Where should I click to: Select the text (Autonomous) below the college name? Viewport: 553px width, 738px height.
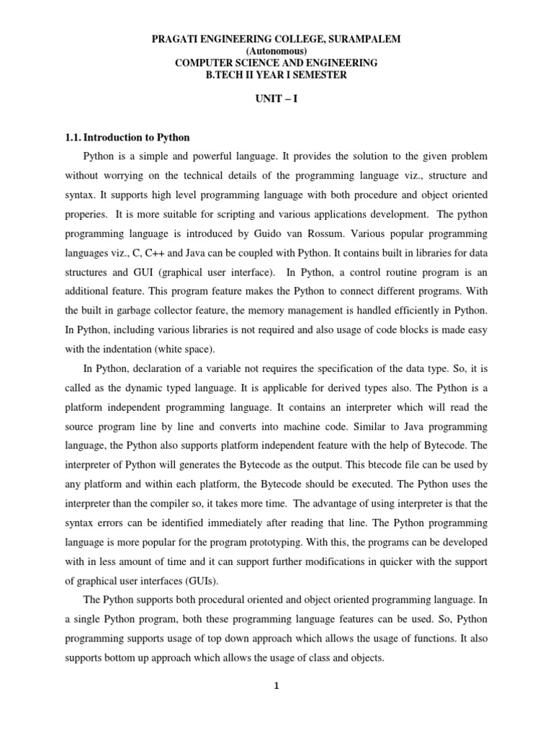click(x=276, y=51)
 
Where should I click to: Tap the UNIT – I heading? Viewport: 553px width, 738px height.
click(x=276, y=98)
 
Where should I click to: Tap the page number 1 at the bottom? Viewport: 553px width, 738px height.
click(x=276, y=686)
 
